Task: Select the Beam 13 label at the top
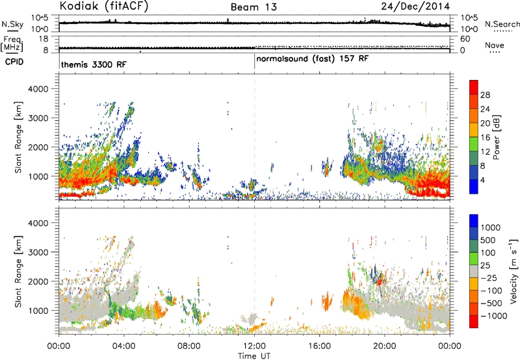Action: pos(253,7)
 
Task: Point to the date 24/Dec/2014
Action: pos(415,6)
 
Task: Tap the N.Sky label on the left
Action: pos(12,24)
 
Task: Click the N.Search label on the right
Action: pos(502,24)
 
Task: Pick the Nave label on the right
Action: pos(495,45)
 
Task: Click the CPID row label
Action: pos(14,62)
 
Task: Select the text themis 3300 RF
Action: pos(94,64)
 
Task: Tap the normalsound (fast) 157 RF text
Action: pos(313,59)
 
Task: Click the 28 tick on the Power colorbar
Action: pos(485,95)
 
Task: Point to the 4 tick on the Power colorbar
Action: pos(482,181)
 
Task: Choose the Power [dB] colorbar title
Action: pos(496,137)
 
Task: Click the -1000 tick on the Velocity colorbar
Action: pos(493,316)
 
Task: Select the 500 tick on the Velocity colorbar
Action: pos(488,240)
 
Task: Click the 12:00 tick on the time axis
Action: pos(254,346)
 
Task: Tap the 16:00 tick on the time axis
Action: pos(319,346)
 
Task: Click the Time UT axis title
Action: pos(254,356)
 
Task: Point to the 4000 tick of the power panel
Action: pos(38,89)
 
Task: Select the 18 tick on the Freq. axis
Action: pos(43,39)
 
